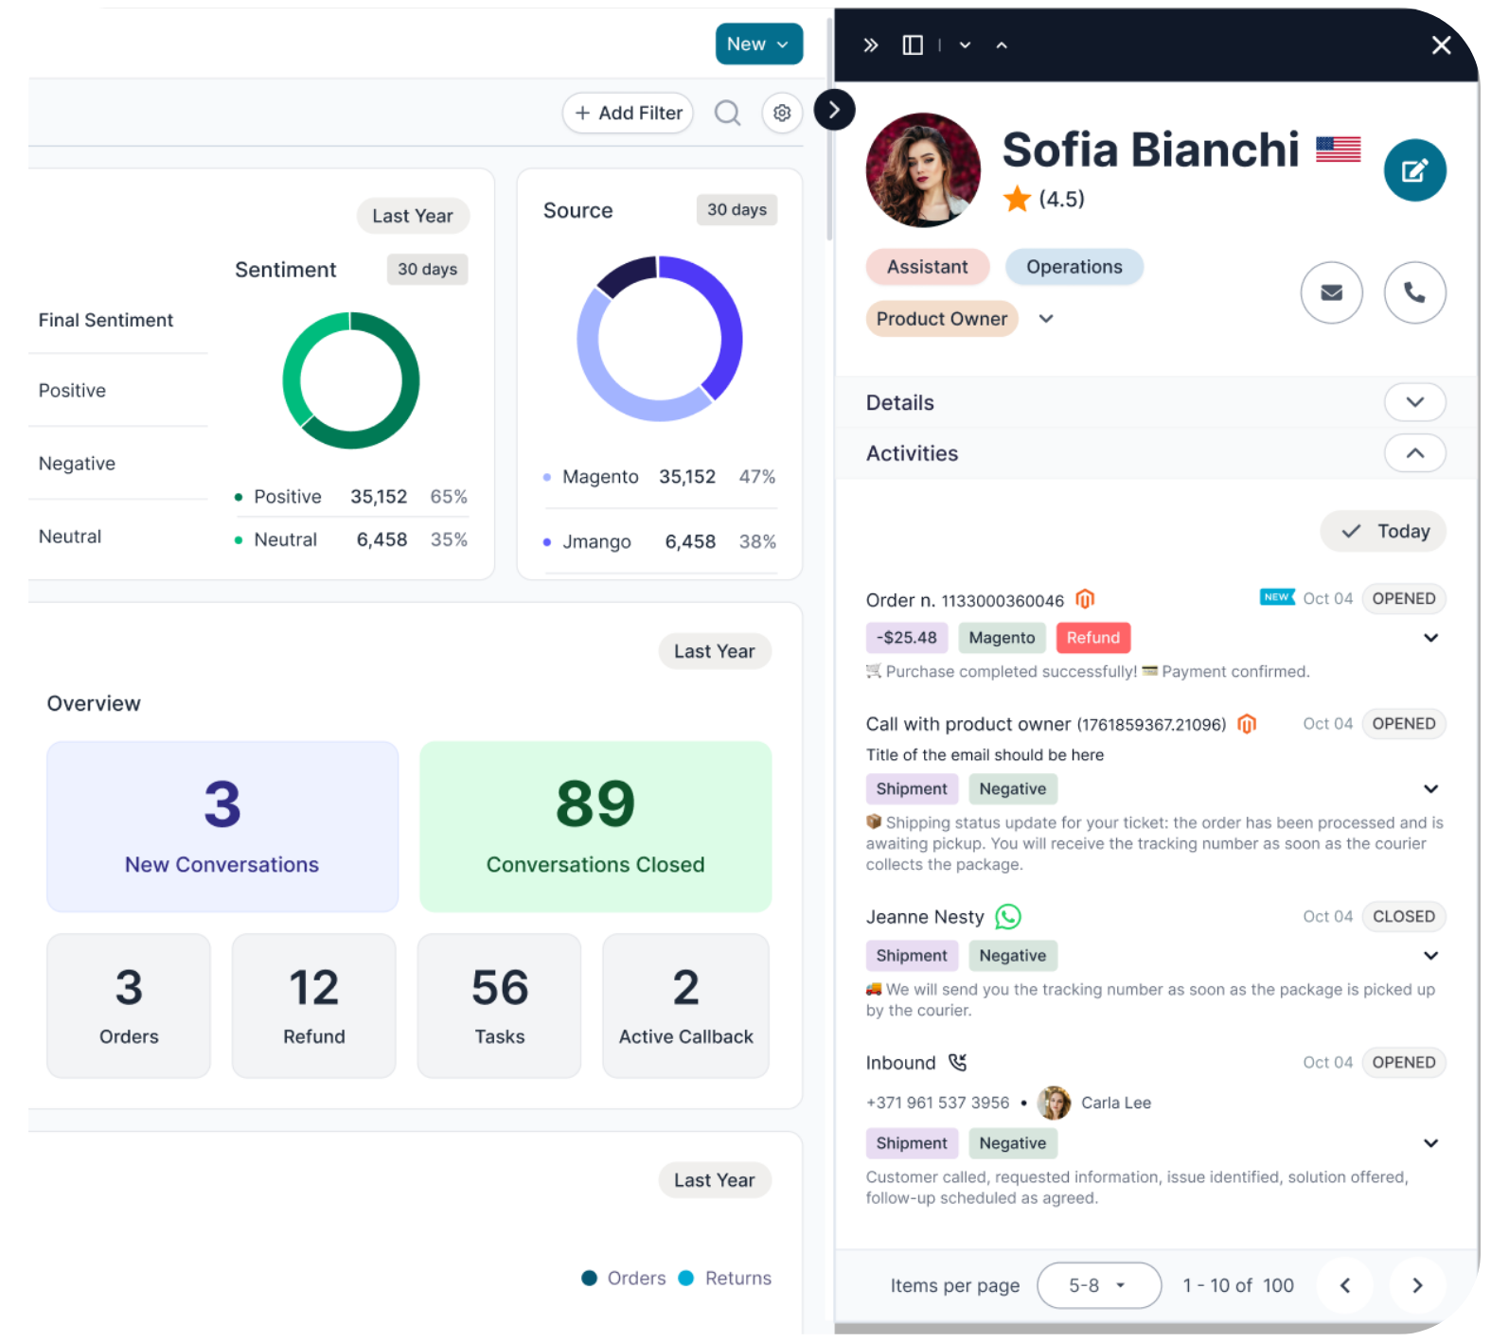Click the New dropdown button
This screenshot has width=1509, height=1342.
pos(758,44)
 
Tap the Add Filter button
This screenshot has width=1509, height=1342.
pos(628,113)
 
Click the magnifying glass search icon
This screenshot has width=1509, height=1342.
pos(727,114)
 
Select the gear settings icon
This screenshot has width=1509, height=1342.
pos(782,113)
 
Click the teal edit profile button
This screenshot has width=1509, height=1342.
pos(1414,170)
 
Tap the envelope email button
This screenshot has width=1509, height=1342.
pos(1331,292)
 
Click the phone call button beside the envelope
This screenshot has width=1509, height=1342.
pos(1414,292)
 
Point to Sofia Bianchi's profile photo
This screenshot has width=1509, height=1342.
pos(923,170)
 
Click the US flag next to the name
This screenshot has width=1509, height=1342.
pos(1338,150)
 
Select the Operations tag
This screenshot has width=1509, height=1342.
pos(1074,267)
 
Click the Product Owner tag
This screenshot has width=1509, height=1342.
pos(941,319)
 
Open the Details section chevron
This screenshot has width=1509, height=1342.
pos(1414,402)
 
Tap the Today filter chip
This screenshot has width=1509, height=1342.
pos(1383,531)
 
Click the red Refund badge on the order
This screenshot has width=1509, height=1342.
pos(1092,638)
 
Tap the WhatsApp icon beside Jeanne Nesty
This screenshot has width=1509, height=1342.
pos(1008,916)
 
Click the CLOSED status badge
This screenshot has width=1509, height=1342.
pos(1403,916)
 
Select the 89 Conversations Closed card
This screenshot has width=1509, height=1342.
pos(595,826)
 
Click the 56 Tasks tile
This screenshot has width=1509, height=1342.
pos(500,1006)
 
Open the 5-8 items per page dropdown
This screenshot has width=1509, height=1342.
pos(1099,1285)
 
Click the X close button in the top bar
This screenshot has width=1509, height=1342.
pos(1441,45)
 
